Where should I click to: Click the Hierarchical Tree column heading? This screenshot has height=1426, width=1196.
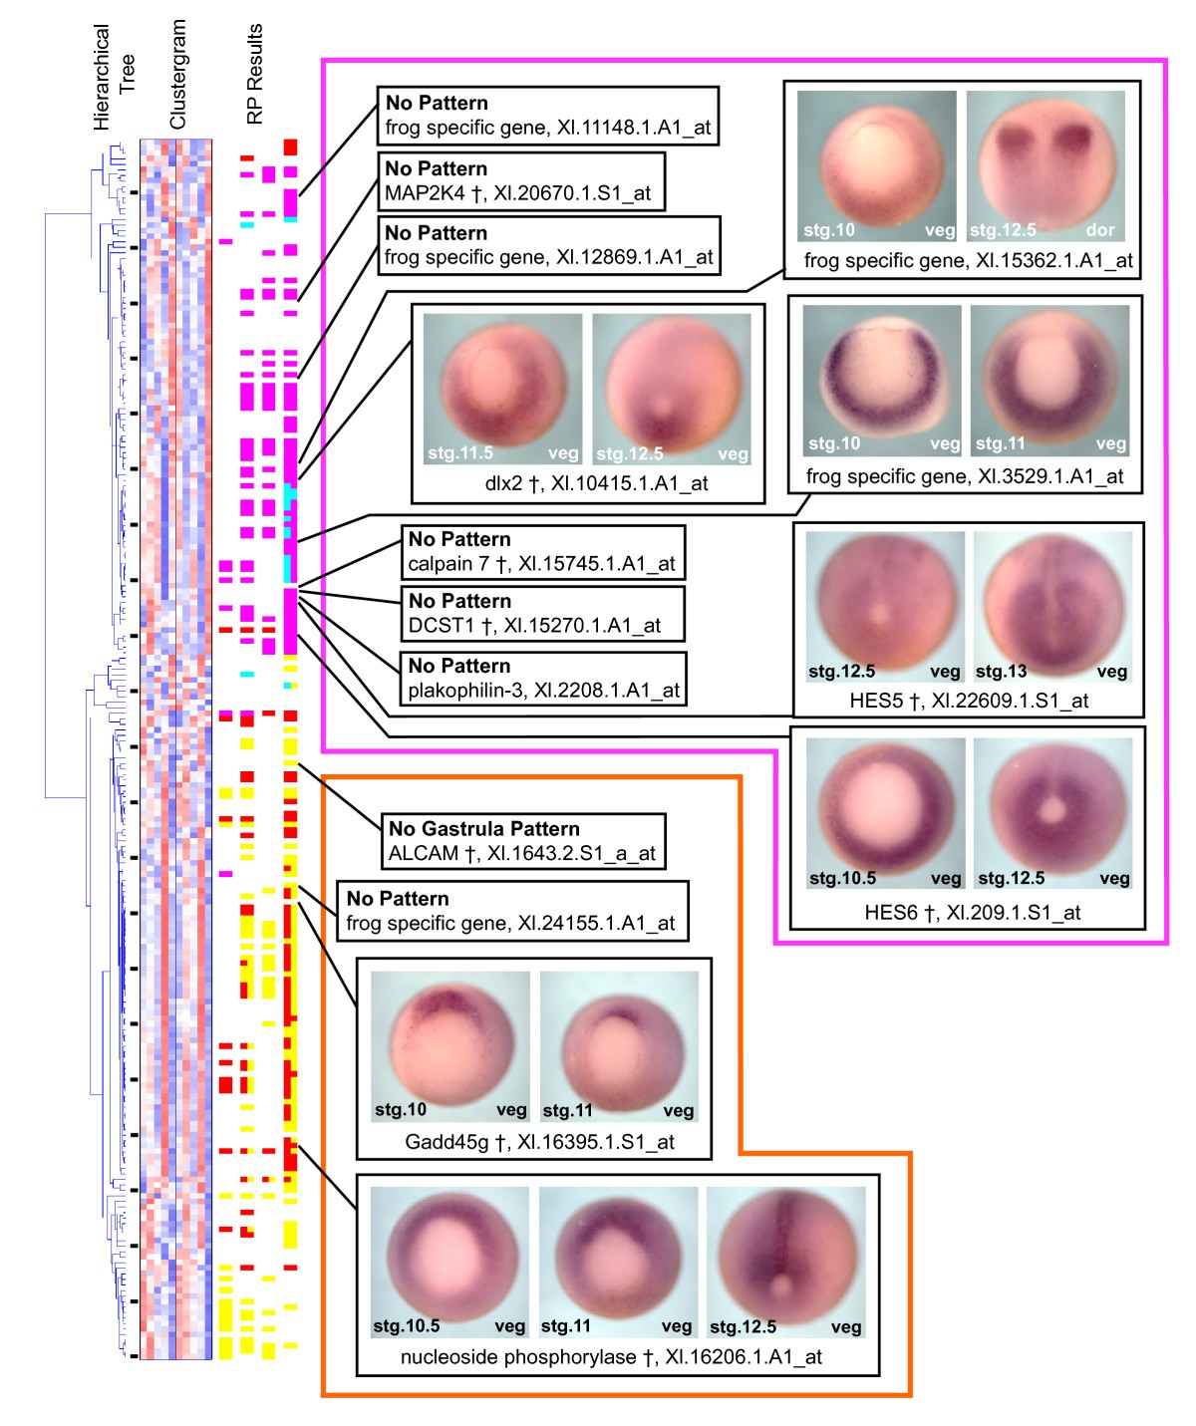114,77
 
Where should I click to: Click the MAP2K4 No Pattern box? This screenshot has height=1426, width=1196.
520,180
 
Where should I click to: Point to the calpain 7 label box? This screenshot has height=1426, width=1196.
542,551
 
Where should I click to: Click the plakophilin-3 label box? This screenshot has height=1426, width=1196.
542,678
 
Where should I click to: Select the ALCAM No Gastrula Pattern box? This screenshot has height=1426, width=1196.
521,841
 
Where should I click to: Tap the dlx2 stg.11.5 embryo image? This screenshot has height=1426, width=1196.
502,390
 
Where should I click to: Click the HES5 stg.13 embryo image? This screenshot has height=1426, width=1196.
1052,606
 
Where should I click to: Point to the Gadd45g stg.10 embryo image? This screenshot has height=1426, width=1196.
449,1046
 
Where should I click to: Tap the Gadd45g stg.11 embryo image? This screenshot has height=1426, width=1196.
619,1046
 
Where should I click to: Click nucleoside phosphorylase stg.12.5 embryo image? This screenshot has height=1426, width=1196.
785,1262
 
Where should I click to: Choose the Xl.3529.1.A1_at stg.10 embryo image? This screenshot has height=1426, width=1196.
882,380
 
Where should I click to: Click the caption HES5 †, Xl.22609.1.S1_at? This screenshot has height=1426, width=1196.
968,701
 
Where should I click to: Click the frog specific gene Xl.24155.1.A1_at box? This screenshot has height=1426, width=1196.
510,911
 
